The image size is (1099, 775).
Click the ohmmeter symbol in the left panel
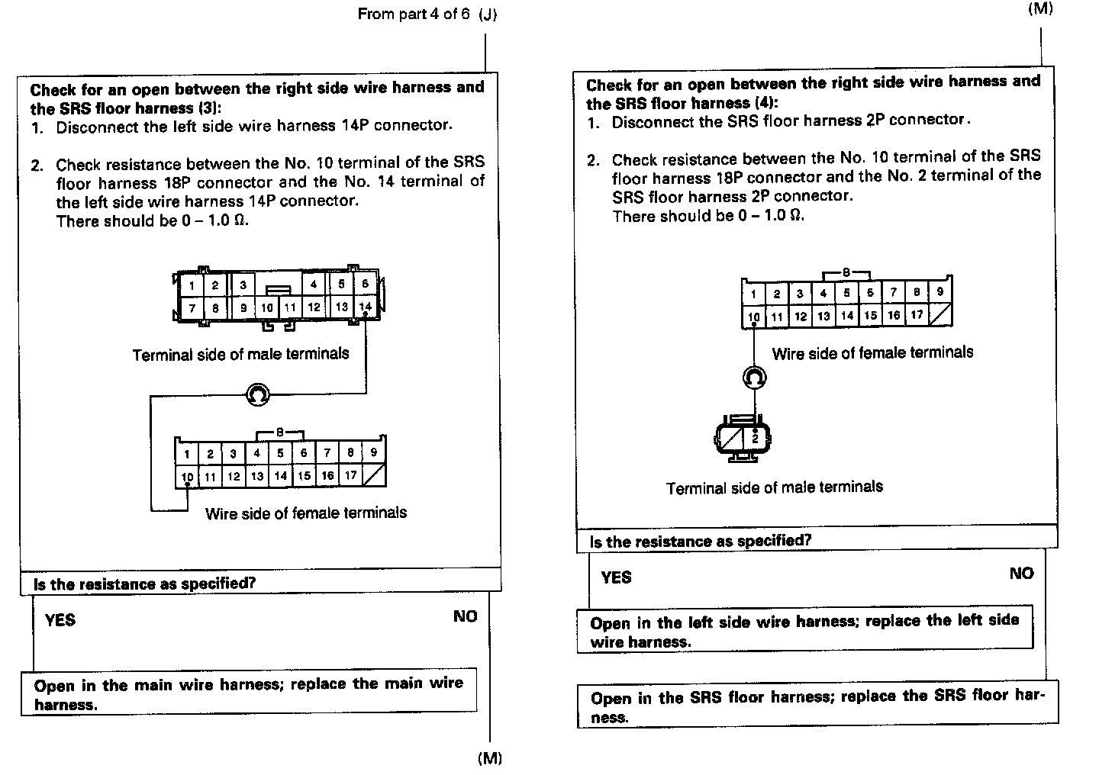(258, 394)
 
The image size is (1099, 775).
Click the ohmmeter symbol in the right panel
(754, 377)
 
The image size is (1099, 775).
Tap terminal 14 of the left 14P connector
(365, 307)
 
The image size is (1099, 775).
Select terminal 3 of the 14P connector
(243, 285)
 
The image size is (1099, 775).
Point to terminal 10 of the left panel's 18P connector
(187, 477)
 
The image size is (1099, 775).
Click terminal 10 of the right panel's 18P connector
(753, 317)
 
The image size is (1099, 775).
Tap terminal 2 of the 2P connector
(755, 438)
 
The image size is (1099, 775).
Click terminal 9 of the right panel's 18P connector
(939, 292)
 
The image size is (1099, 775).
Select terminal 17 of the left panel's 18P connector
(350, 475)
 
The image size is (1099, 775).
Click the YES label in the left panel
(60, 620)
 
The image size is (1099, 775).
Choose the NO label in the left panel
(465, 616)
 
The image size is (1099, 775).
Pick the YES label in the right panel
(616, 577)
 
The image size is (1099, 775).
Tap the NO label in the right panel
(1021, 574)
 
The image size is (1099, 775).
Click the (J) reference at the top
(488, 14)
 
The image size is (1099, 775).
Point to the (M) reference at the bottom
(490, 758)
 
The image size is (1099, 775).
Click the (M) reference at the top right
(1040, 8)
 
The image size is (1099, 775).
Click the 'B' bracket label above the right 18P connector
(846, 272)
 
